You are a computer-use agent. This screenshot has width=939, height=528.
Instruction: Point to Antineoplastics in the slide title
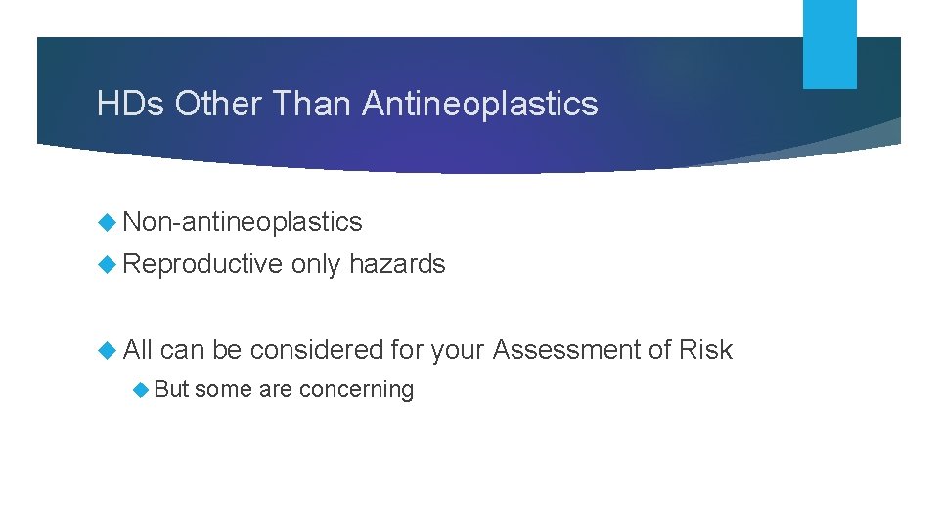[480, 104]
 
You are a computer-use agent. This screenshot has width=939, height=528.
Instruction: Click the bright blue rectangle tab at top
[829, 43]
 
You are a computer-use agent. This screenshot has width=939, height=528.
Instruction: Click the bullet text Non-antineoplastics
[243, 223]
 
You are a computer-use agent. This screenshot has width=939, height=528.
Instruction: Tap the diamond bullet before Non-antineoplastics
[109, 223]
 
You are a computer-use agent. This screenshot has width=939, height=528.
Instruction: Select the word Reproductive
[202, 264]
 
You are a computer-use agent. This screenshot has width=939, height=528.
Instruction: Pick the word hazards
[397, 264]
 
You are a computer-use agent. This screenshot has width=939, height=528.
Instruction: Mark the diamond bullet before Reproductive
[109, 264]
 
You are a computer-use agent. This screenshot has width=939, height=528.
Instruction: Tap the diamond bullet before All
[109, 350]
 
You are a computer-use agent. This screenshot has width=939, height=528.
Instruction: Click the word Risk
[707, 350]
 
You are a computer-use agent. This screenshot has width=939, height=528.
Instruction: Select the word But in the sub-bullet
[171, 389]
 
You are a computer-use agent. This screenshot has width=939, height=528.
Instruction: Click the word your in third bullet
[458, 350]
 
